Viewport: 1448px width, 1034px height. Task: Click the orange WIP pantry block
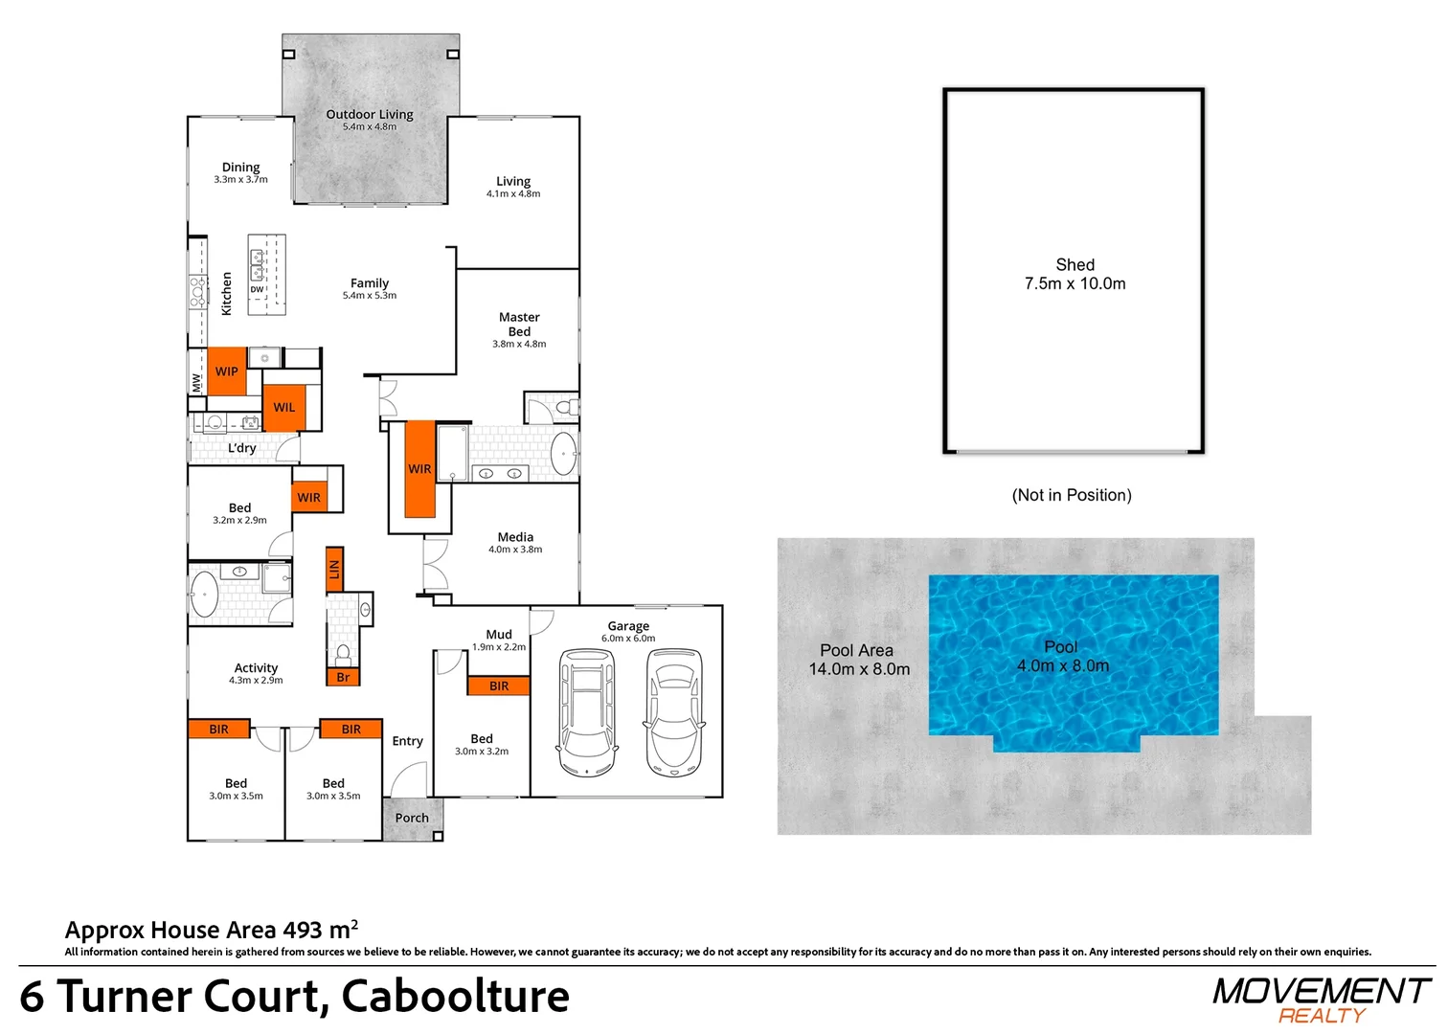pos(226,371)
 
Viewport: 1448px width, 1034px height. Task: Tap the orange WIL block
pos(283,408)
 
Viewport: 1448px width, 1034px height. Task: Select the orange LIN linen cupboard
pos(334,570)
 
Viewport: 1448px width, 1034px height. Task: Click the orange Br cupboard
pos(343,677)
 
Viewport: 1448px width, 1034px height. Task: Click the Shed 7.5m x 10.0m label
pos(1075,274)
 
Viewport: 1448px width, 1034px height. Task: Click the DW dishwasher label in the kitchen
pos(257,289)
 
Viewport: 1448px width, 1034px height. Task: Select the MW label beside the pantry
pos(196,383)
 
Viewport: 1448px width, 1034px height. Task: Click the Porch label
pos(412,818)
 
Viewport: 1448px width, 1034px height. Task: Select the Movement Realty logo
pos(1320,1000)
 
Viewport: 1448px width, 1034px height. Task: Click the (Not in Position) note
pos(1072,495)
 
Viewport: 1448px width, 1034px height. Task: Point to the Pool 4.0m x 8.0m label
pos(1063,656)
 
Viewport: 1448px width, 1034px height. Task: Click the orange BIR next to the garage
pos(498,686)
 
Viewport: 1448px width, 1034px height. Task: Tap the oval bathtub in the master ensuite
pos(563,454)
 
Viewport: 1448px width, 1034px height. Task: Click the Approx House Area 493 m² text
pos(212,930)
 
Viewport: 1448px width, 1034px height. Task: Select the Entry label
pos(407,741)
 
